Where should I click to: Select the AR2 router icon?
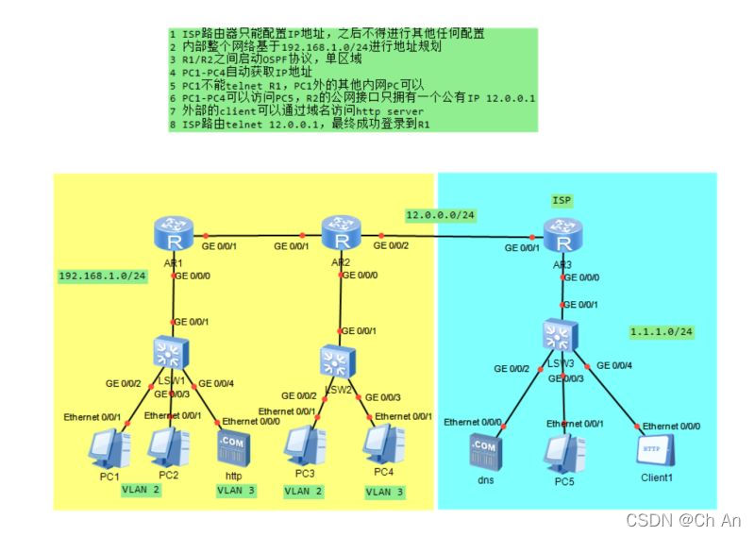pyautogui.click(x=341, y=230)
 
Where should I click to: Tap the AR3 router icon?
pyautogui.click(x=563, y=231)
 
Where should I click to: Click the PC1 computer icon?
pyautogui.click(x=109, y=446)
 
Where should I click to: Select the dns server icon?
pyautogui.click(x=483, y=451)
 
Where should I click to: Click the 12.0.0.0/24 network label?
pyautogui.click(x=441, y=215)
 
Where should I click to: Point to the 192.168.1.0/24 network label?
pyautogui.click(x=103, y=276)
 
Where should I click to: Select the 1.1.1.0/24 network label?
pyautogui.click(x=663, y=331)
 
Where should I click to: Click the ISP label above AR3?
pyautogui.click(x=563, y=200)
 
